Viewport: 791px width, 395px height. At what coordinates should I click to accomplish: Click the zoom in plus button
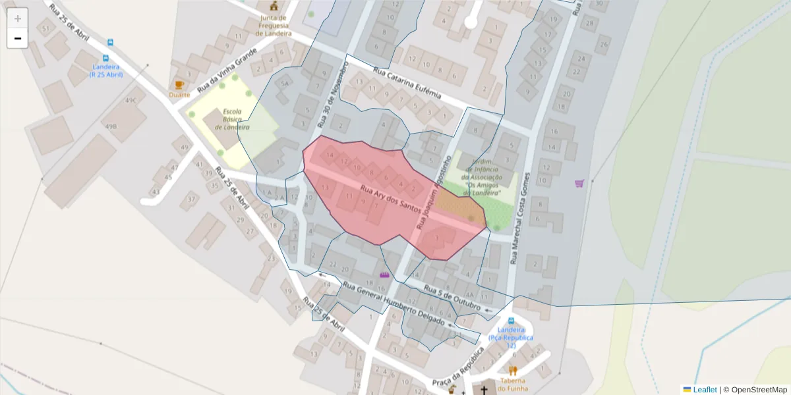[x=18, y=18]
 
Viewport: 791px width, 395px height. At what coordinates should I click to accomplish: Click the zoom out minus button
[x=18, y=38]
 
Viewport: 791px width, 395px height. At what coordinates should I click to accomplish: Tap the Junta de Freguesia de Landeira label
[x=274, y=25]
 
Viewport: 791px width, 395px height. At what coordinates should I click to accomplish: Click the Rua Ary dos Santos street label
[x=390, y=199]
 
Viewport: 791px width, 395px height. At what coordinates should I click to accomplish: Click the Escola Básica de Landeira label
[x=236, y=119]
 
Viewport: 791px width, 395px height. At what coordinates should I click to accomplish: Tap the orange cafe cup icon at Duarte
[x=179, y=85]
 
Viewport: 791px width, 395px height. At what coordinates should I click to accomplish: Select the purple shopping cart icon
[x=579, y=184]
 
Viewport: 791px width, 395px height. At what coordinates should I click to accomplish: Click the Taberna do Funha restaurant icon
[x=513, y=371]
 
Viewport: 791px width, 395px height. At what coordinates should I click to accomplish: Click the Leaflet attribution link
[x=704, y=390]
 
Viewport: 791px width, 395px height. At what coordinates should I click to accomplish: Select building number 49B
[x=111, y=126]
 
